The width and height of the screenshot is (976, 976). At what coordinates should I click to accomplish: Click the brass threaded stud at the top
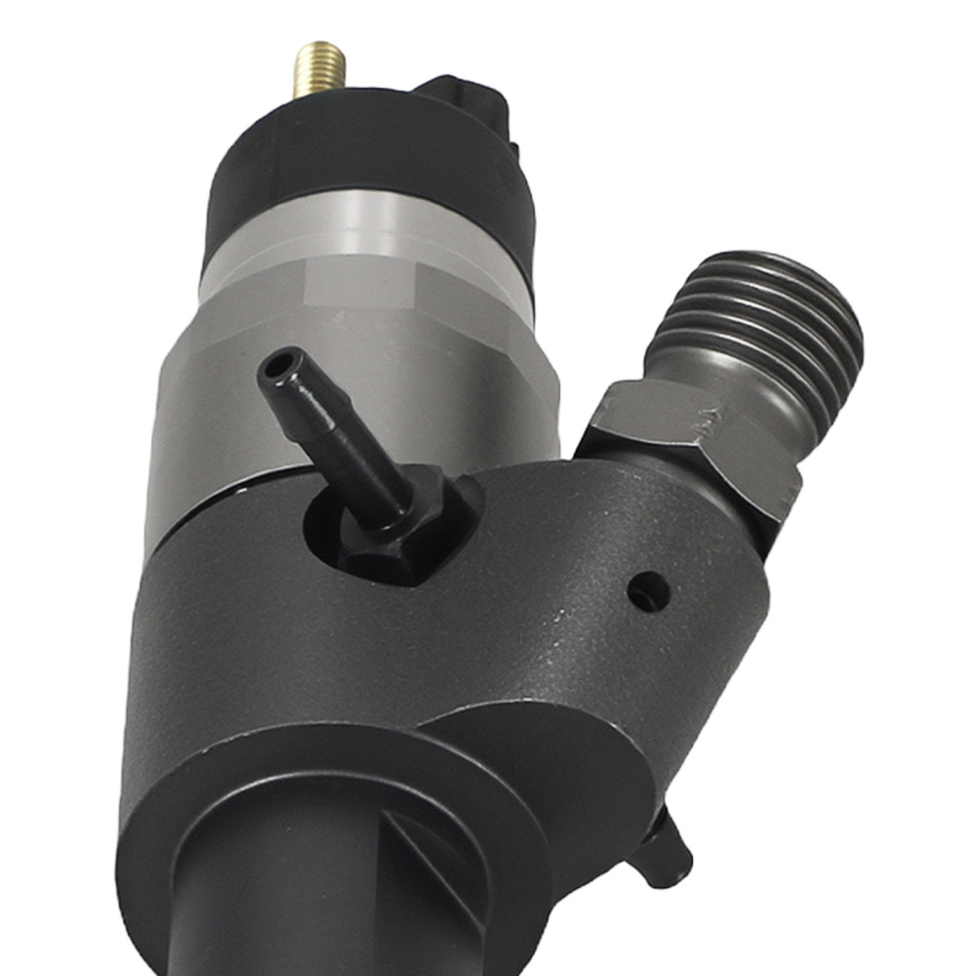tap(320, 68)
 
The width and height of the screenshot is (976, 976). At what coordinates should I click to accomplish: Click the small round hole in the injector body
tap(648, 590)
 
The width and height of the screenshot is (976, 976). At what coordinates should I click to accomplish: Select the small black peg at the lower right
tap(664, 849)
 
